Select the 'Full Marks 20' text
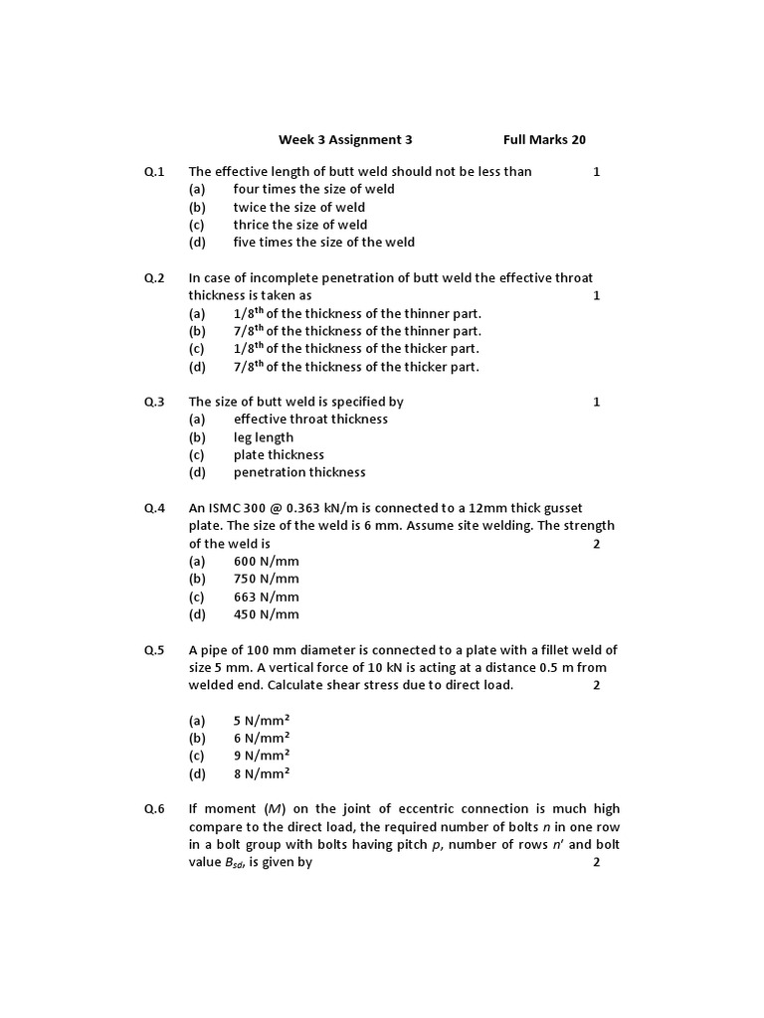pos(544,140)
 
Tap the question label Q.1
pos(154,171)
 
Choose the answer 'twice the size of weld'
pos(298,207)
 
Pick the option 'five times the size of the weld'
pos(323,242)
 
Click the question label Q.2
pos(154,277)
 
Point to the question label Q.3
pos(154,402)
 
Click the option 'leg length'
pos(264,437)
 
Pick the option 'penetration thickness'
pos(299,472)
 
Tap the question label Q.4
pos(154,508)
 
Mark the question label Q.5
pos(154,650)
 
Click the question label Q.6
pos(154,809)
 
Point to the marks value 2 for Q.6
pos(597,863)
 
